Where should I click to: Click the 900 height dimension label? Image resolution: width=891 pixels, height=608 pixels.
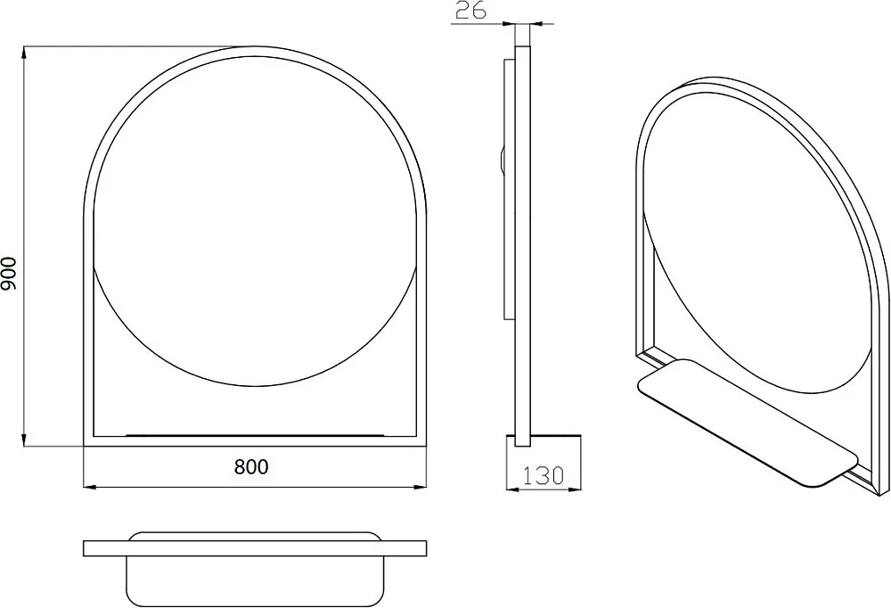coord(9,273)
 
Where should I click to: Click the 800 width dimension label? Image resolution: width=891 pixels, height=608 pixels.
coord(251,466)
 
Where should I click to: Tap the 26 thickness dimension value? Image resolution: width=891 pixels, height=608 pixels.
coord(471,10)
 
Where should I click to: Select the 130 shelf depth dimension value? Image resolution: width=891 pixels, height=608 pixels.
coord(544,475)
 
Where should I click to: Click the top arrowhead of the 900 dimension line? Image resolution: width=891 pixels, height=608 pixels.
coord(24,53)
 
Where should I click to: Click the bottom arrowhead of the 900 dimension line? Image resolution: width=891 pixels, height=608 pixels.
coord(24,440)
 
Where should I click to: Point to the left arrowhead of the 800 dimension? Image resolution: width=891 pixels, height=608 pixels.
coord(90,487)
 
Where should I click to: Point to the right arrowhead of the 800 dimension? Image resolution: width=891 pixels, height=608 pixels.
coord(420,487)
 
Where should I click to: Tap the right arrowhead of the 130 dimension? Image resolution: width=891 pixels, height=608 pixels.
coord(573,489)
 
